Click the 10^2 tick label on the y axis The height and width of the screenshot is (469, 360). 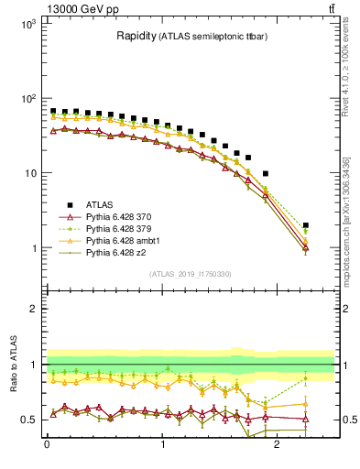coord(27,99)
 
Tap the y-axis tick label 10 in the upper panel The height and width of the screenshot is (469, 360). coord(29,174)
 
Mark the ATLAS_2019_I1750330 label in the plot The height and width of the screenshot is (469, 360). coord(190,273)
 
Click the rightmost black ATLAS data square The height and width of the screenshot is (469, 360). coord(305,225)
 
